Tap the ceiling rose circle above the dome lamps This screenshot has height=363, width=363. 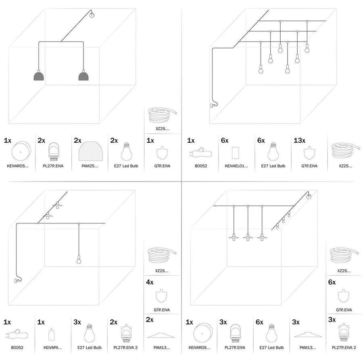(92, 16)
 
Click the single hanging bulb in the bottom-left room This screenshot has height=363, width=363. (79, 260)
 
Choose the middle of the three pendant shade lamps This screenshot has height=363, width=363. (248, 237)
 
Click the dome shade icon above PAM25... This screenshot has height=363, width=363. (90, 152)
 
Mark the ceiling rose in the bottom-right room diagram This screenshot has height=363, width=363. (309, 197)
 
